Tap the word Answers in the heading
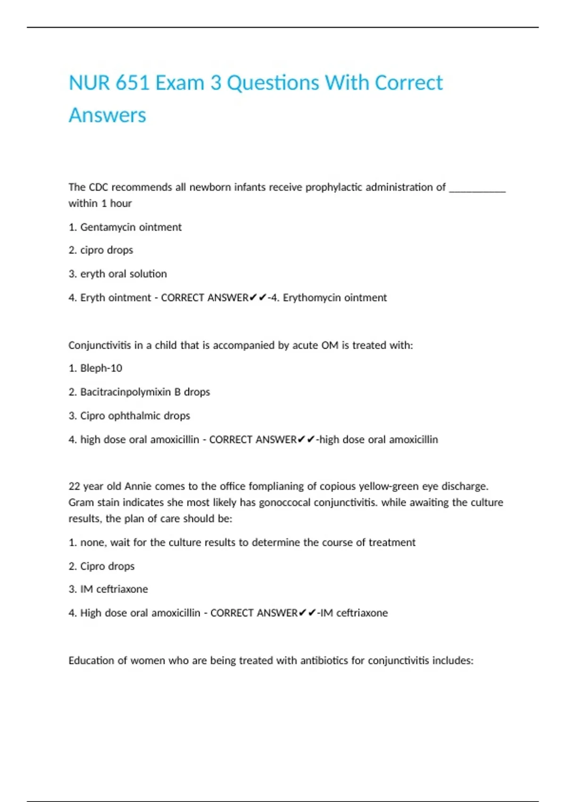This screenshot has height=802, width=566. coord(108,115)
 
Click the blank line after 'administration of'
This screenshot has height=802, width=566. coord(477,188)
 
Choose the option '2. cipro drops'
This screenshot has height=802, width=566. coord(101,250)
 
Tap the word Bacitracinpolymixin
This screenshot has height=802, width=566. coord(125,392)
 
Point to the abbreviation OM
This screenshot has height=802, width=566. coord(330,345)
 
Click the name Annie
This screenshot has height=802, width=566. coord(137,486)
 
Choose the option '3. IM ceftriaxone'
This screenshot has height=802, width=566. coord(108,589)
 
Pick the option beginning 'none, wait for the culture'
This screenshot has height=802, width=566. coord(248,543)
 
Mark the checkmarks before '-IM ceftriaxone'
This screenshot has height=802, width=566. coord(307,613)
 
